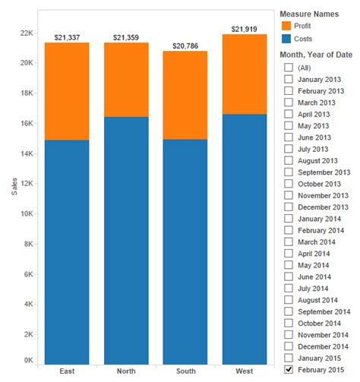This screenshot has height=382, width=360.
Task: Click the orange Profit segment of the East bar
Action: pos(67,91)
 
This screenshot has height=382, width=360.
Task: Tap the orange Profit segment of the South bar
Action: pos(185,95)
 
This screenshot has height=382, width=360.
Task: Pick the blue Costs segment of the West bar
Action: pos(245,239)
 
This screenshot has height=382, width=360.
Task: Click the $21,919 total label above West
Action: pos(245,29)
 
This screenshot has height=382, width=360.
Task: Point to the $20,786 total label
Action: pos(185,46)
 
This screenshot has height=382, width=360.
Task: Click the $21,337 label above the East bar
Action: pos(67,37)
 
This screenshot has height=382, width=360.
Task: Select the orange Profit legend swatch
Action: pos(286,26)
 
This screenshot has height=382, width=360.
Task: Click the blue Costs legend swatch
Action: pos(286,39)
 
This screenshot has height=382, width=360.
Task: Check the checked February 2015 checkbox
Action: pos(289,369)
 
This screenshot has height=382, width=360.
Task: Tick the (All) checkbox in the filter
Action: pos(289,68)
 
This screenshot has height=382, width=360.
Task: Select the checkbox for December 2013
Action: pos(289,207)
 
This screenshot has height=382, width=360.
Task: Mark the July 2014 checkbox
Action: pos(289,288)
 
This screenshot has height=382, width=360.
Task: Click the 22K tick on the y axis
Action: pos(27,33)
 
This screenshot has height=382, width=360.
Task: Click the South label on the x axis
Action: pos(185,371)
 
